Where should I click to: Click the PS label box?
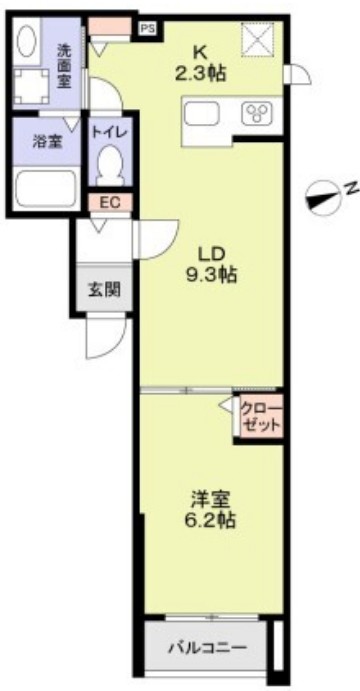point(147,29)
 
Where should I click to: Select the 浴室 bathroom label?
point(48,141)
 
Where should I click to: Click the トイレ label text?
point(108,132)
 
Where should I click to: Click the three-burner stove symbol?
point(255,114)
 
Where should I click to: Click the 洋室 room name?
point(210,497)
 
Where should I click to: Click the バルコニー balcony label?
point(207,647)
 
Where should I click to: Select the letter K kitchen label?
point(200,50)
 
